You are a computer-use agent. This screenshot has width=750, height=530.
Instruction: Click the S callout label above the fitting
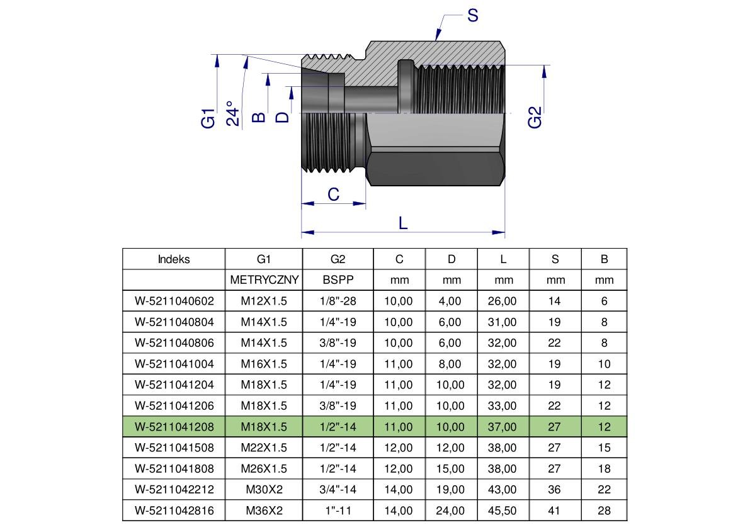pyautogui.click(x=472, y=15)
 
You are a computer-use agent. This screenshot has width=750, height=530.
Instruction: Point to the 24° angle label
pyautogui.click(x=233, y=113)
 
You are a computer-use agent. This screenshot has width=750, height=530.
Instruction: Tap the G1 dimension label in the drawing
pyautogui.click(x=208, y=118)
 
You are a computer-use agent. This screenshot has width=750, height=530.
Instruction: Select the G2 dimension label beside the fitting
pyautogui.click(x=535, y=118)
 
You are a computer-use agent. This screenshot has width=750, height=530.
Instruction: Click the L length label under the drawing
pyautogui.click(x=403, y=222)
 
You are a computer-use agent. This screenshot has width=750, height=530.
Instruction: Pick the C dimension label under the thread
pyautogui.click(x=334, y=195)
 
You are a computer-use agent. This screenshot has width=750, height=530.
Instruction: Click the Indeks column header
pyautogui.click(x=174, y=259)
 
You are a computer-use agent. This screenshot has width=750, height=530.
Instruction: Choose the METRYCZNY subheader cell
pyautogui.click(x=264, y=280)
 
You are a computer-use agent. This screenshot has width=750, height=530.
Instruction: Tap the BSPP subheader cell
pyautogui.click(x=338, y=280)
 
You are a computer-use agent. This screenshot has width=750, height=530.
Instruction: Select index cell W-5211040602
pyautogui.click(x=174, y=301)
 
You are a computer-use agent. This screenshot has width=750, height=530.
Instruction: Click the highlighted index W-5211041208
pyautogui.click(x=174, y=427)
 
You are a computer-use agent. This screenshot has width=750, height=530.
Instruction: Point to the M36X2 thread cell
pyautogui.click(x=264, y=510)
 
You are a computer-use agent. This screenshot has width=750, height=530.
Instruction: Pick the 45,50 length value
pyautogui.click(x=502, y=510)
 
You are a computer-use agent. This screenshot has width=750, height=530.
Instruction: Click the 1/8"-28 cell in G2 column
pyautogui.click(x=338, y=301)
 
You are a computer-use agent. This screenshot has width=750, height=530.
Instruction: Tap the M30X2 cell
pyautogui.click(x=264, y=490)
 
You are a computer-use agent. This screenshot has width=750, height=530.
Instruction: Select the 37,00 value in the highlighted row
pyautogui.click(x=502, y=427)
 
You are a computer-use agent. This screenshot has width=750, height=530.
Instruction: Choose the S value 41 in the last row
pyautogui.click(x=554, y=510)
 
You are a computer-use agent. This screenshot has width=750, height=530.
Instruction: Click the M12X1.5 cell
pyautogui.click(x=264, y=301)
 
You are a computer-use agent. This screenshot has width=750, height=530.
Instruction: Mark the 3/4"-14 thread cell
pyautogui.click(x=338, y=490)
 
